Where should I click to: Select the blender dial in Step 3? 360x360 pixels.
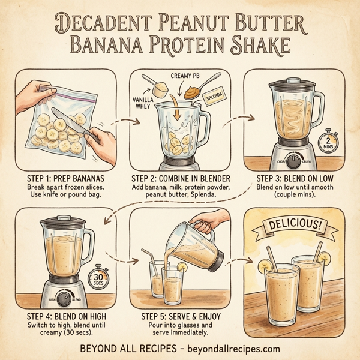pyautogui.click(x=293, y=161)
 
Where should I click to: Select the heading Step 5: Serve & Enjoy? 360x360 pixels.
pyautogui.click(x=180, y=316)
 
